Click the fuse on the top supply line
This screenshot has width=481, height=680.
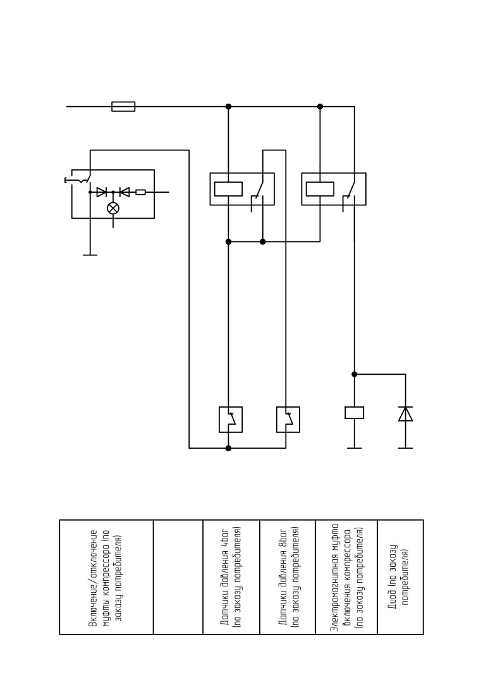coord(123,106)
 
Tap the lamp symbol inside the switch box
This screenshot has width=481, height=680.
coord(113,208)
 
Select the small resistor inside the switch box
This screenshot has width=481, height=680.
coord(140,191)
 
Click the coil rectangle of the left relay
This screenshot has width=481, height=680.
coord(229,189)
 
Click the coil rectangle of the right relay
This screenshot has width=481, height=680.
coord(320,189)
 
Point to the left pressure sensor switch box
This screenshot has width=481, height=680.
coord(230,420)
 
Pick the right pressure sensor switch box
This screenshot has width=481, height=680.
coord(288,420)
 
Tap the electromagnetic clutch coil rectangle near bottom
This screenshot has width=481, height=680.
coord(355,413)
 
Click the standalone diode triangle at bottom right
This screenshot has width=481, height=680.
coord(406,414)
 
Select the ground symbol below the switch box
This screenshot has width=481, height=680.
coord(90,255)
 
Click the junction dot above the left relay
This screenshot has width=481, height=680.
coord(229,106)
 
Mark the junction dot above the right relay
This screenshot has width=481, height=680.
coord(320,106)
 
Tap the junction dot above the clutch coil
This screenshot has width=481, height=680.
coord(355,374)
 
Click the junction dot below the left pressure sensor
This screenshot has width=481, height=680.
coord(229,448)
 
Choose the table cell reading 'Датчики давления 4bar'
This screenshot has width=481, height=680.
coord(231,577)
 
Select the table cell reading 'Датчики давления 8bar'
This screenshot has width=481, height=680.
coord(288,577)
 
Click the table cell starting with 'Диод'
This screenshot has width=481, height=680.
coord(400,577)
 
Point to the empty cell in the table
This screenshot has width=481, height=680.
coord(178,577)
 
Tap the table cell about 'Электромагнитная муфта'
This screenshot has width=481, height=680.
coord(346,577)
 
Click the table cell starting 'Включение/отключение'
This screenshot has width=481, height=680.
coord(106,577)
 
